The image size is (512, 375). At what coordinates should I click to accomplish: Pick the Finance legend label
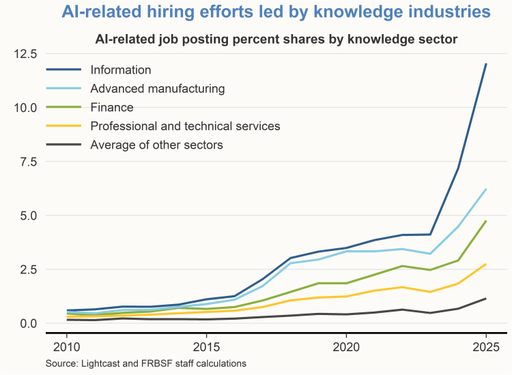[x=113, y=107]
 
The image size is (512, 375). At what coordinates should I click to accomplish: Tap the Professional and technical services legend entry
[x=185, y=125]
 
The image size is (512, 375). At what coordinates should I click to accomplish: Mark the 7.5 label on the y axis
[x=26, y=162]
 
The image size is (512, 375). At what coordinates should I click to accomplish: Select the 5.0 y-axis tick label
[x=26, y=215]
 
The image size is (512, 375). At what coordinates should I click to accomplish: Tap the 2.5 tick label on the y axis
[x=26, y=269]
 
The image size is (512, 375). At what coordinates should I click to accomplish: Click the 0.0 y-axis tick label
[x=26, y=323]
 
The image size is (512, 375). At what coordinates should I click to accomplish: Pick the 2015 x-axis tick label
[x=206, y=346]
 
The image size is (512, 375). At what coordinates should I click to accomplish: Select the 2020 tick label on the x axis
[x=346, y=346]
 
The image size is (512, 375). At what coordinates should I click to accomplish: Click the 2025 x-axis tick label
[x=485, y=346]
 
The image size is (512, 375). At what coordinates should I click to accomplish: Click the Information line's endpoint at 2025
[x=485, y=64]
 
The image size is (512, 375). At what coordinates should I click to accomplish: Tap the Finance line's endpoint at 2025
[x=485, y=221]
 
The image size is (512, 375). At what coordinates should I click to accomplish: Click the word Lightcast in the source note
[x=102, y=364]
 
